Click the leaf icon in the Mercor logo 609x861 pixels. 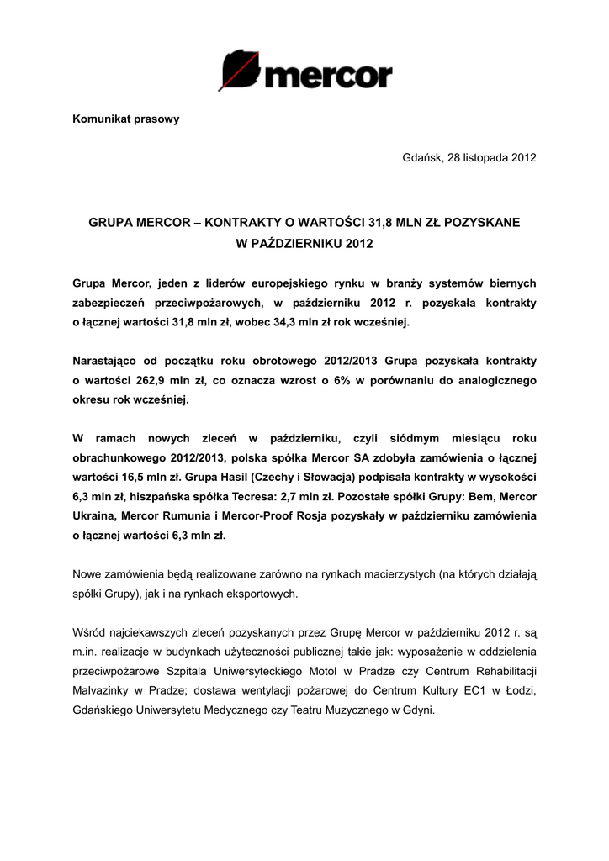238,70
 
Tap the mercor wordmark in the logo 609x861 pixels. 328,77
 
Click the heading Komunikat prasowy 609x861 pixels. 125,119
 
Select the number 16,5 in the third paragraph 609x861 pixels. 134,477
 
